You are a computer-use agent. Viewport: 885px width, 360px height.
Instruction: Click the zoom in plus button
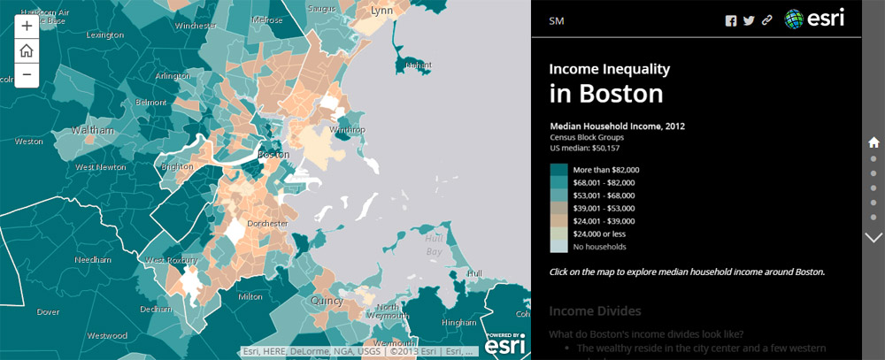27,27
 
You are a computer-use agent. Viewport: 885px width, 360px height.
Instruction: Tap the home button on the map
27,50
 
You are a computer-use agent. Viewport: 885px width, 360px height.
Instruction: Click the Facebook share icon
731,21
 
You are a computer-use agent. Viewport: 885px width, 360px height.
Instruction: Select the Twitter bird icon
749,21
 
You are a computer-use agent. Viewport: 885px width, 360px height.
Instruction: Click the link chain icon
767,21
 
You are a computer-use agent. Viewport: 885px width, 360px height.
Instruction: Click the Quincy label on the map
327,302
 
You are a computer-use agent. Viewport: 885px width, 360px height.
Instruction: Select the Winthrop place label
347,130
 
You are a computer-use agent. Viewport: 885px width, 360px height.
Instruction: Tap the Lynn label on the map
381,11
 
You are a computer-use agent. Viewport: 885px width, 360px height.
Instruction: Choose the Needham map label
92,261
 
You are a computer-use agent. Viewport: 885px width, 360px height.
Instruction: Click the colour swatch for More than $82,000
558,170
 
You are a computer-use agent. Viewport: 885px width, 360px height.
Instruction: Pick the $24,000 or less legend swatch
558,234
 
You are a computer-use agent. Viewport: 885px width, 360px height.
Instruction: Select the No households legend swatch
558,247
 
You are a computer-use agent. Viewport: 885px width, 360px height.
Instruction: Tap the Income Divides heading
595,310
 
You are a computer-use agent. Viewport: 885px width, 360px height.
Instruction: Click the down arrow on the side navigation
873,237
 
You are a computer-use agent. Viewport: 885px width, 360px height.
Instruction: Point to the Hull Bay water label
433,246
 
